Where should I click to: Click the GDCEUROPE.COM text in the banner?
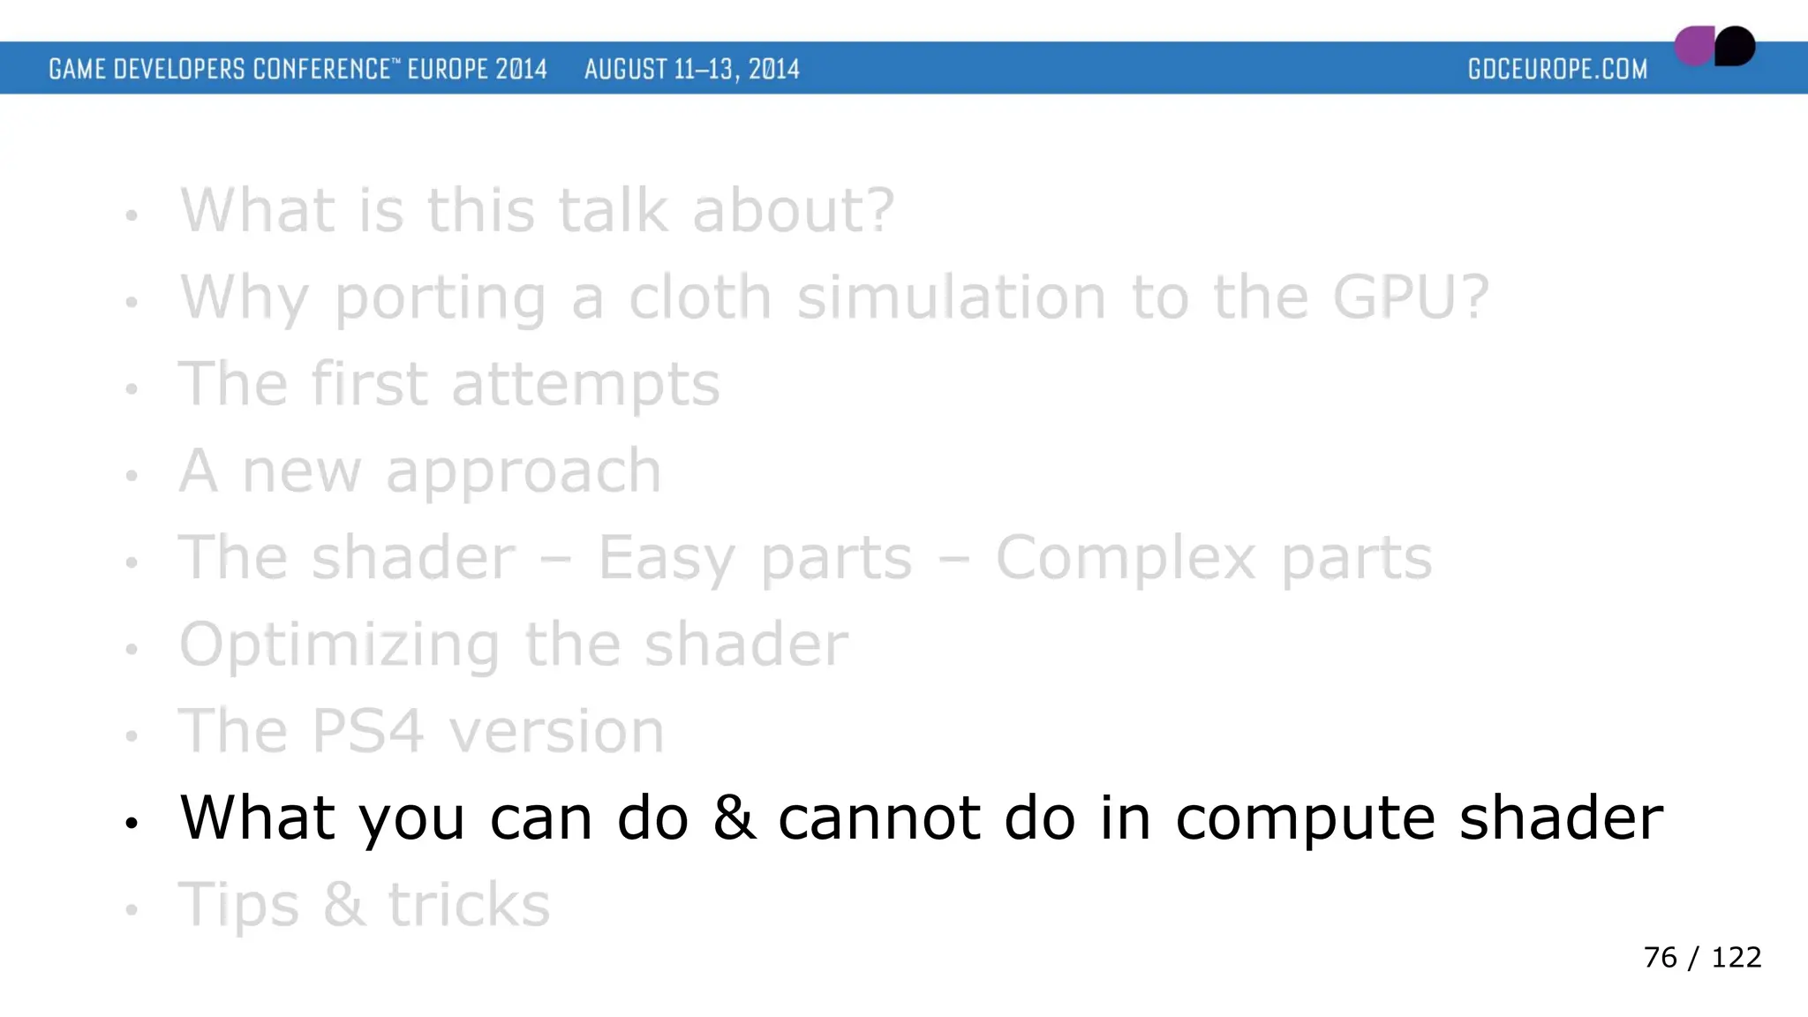pos(1557,69)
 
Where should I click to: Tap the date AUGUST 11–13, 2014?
pos(691,69)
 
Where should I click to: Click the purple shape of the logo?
pos(1693,46)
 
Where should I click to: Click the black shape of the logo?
pos(1736,46)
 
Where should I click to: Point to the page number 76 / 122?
pos(1702,958)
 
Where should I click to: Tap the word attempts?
pos(585,385)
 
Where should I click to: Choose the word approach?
pos(523,472)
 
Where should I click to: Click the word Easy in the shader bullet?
pos(666,559)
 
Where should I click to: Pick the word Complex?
pos(1126,559)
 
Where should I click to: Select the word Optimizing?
pos(340,645)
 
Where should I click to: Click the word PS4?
pos(367,732)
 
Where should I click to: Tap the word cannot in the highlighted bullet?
pos(879,818)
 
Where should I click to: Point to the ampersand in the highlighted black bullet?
pos(734,817)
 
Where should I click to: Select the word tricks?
pos(469,905)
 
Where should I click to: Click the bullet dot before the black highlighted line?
pos(132,824)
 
